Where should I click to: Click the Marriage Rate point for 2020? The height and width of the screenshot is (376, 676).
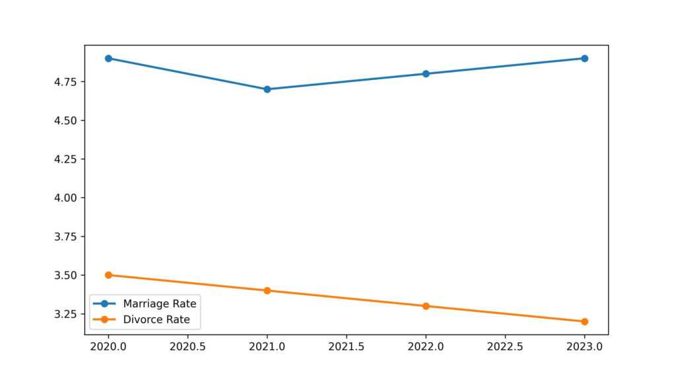click(108, 58)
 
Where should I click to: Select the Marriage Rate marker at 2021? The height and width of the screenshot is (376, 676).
click(267, 89)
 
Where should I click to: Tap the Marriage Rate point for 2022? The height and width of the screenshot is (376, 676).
click(426, 73)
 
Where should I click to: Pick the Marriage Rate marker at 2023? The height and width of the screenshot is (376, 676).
click(584, 58)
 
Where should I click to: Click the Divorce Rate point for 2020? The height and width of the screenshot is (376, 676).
click(108, 275)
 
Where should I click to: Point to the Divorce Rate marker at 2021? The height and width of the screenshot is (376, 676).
click(267, 290)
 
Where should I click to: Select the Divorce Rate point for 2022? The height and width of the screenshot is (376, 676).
click(426, 306)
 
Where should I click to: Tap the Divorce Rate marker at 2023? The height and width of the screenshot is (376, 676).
click(584, 321)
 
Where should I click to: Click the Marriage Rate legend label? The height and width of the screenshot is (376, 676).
click(159, 304)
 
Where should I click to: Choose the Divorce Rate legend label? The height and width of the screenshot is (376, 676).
click(156, 320)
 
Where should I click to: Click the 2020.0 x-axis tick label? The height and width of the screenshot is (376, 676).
click(108, 346)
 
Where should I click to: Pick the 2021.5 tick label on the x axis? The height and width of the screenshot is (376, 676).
click(347, 346)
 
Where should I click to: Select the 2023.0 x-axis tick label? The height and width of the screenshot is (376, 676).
click(584, 346)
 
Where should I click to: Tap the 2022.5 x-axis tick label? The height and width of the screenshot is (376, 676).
click(505, 346)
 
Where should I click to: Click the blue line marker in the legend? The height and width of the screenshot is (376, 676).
click(104, 304)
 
